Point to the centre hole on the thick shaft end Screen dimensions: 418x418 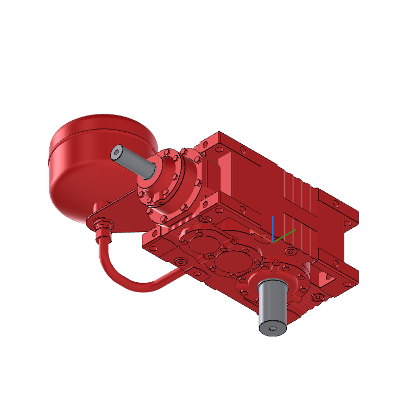pos(272,329)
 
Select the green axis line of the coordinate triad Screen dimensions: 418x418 pos(285,235)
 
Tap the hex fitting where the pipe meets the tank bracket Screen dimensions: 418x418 pos(102,225)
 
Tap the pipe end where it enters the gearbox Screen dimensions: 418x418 pos(178,274)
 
